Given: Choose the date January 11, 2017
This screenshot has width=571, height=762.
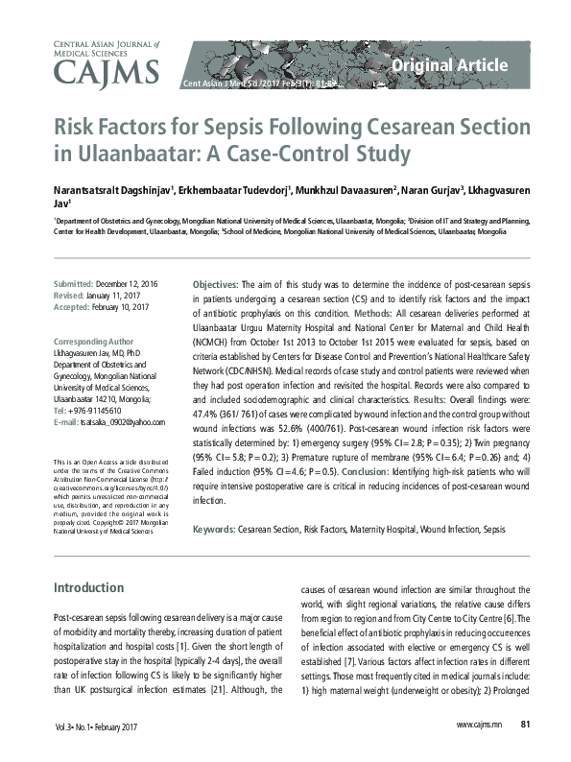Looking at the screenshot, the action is pyautogui.click(x=120, y=297).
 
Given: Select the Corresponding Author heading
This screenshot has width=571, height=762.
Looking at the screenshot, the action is pyautogui.click(x=93, y=341).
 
